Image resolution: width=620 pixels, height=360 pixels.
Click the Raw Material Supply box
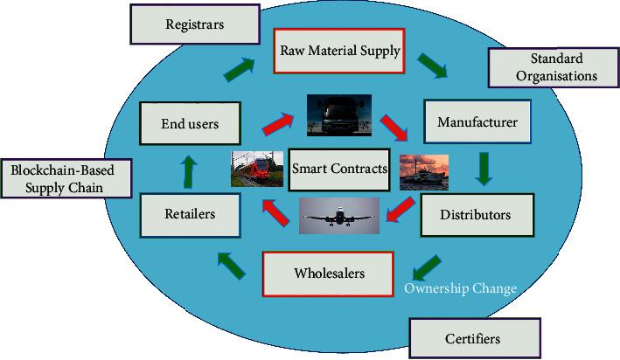[339, 51]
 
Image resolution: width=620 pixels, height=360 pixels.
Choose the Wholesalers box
[329, 273]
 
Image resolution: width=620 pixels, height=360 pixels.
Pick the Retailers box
[190, 213]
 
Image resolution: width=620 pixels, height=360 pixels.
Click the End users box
[190, 124]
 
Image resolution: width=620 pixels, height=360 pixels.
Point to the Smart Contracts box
[339, 169]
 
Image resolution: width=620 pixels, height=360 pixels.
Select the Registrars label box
[194, 24]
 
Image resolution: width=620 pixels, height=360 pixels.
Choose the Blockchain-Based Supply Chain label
[66, 177]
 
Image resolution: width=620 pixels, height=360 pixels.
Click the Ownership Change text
[459, 288]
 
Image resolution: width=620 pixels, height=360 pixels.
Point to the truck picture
[339, 114]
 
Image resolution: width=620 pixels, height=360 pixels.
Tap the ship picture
[424, 172]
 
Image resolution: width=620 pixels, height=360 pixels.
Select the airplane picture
[339, 216]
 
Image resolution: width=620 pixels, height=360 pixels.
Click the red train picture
[257, 169]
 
